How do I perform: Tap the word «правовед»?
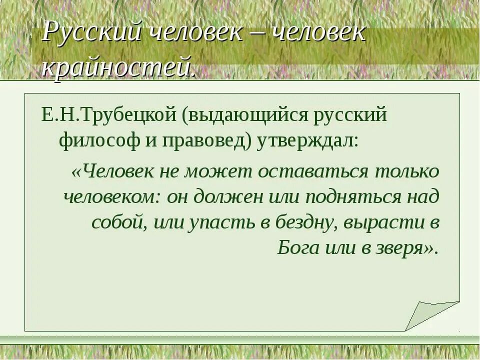pos(204,141)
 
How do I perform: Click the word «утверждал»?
pos(307,141)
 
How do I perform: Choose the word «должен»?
pos(225,197)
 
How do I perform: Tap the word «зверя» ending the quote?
pos(402,248)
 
